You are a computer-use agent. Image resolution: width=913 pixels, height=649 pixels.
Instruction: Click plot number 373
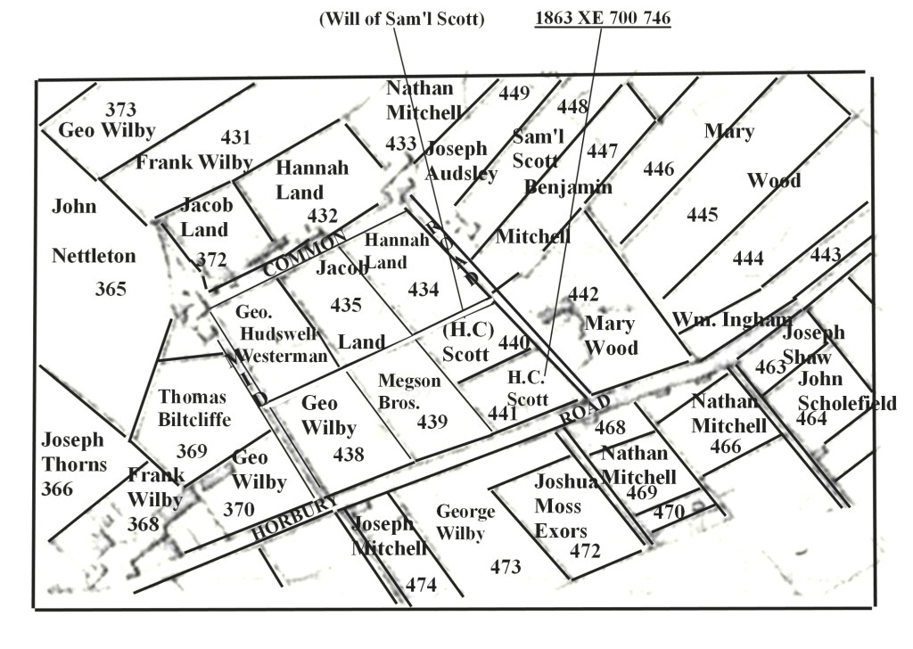pos(120,110)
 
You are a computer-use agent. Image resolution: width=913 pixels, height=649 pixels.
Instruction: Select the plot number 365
pos(111,289)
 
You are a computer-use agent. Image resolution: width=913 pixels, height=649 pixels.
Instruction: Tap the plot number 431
pos(236,137)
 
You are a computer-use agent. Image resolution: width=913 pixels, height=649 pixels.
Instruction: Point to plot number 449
pos(514,93)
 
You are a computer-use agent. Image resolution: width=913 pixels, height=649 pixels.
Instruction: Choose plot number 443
pos(825,255)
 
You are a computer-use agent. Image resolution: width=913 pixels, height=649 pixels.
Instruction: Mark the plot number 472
pos(585,551)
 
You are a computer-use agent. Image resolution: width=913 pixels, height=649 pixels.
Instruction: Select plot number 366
pos(57,489)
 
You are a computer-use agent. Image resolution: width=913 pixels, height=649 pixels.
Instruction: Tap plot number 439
pos(432,422)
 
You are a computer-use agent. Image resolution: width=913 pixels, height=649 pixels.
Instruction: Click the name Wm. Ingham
pos(731,319)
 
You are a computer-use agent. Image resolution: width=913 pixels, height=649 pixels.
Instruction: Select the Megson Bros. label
pos(409,391)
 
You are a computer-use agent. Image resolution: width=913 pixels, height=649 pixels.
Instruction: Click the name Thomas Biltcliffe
pos(193,407)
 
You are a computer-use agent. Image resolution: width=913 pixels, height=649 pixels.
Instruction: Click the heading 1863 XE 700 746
pos(602,18)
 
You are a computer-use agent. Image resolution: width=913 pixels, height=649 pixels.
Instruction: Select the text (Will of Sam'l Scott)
pos(401,19)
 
